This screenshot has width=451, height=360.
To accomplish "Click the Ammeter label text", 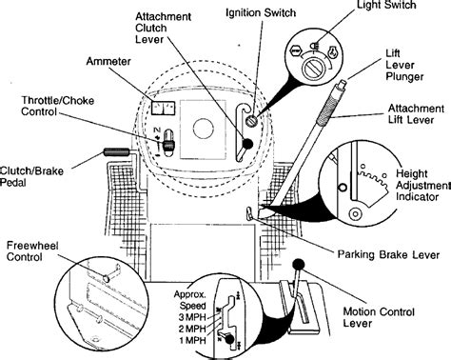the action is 108,61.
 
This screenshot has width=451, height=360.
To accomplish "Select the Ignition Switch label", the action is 261,12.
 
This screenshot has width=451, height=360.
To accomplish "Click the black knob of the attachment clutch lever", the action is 247,144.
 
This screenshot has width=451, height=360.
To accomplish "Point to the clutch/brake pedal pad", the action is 116,151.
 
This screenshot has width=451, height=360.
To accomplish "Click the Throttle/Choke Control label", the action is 58,106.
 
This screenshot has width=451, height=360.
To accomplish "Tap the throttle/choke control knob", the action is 168,145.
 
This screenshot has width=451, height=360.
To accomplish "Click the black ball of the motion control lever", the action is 298,264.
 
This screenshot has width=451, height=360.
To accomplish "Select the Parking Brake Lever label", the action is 388,254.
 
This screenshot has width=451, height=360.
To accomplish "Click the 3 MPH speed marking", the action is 192,317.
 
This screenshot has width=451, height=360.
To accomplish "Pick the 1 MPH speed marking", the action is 192,340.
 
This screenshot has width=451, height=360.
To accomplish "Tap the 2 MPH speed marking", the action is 192,329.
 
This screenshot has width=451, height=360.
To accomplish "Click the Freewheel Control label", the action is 32,251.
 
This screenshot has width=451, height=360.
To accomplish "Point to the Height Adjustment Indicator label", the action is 422,185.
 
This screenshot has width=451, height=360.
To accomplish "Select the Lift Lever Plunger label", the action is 404,65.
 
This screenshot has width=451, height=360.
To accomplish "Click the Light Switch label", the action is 386,5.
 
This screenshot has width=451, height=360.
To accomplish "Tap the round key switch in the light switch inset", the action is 314,69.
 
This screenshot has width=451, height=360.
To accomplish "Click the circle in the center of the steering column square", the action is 203,129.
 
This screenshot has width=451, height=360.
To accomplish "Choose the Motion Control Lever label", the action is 379,317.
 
